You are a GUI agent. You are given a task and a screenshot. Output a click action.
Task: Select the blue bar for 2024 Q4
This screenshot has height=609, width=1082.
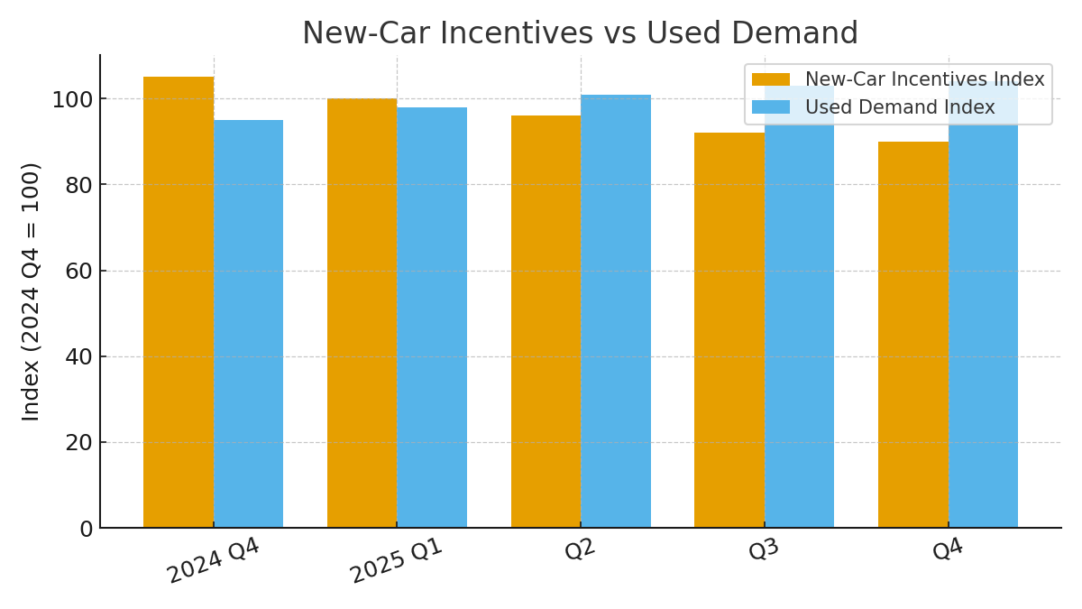click(248, 324)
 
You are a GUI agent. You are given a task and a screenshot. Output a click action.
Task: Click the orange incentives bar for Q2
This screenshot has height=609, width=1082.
click(546, 321)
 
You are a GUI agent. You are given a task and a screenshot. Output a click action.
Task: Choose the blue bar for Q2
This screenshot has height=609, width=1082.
click(616, 311)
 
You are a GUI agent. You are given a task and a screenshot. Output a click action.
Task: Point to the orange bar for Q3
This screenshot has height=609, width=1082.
click(729, 330)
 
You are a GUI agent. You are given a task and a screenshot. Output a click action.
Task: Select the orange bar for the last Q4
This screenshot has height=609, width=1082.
click(912, 335)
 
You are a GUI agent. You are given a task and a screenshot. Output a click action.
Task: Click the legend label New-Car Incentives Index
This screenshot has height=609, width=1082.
click(924, 79)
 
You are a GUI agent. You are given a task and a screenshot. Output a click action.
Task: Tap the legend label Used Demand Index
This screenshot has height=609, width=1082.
click(900, 107)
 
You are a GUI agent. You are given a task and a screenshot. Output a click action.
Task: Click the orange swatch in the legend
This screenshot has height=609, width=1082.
click(770, 79)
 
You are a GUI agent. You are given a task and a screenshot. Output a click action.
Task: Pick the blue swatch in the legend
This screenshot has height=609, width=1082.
click(770, 107)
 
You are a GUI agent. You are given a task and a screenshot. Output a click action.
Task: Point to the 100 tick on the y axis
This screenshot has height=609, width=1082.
click(72, 99)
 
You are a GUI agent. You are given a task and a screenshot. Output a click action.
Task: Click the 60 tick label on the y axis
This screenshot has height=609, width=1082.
click(79, 271)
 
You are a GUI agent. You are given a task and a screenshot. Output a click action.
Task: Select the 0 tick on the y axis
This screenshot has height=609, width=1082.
click(86, 529)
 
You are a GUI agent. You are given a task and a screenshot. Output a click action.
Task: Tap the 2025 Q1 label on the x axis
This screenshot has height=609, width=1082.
click(397, 560)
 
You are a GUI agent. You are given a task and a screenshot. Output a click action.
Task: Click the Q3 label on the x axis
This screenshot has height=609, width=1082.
click(764, 549)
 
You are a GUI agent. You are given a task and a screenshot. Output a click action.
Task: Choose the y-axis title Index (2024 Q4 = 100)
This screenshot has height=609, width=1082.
click(32, 291)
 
